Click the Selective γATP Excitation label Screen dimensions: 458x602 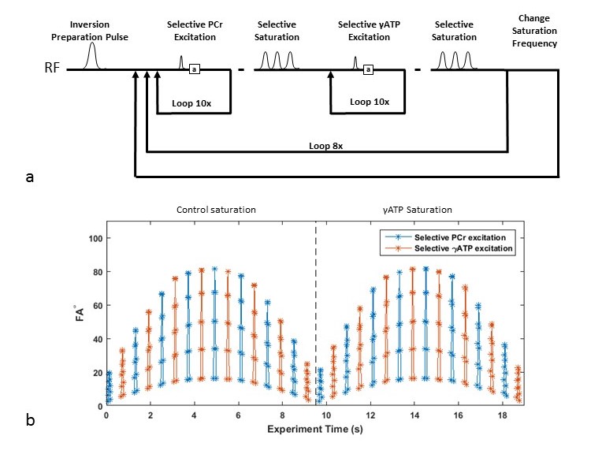(x=370, y=31)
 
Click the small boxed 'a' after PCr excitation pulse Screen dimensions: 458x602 (x=195, y=70)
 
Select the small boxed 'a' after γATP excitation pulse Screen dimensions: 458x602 (x=368, y=70)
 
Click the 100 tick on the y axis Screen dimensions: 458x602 (x=94, y=237)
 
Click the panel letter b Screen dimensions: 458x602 (x=30, y=420)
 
